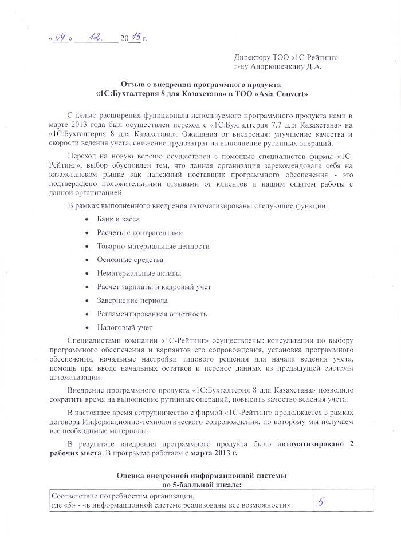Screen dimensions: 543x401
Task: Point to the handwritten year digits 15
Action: pos(136,38)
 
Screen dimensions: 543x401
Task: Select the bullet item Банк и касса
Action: pos(118,219)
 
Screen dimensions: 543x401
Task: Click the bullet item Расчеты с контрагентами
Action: pos(140,233)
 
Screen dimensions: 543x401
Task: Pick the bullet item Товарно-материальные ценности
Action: pos(153,246)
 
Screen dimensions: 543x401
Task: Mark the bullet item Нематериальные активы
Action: pos(135,274)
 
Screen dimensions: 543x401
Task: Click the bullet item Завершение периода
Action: pos(132,300)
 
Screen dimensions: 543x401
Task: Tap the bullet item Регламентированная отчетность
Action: pos(151,314)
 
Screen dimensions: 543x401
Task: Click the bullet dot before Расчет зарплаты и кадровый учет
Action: pos(86,287)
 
